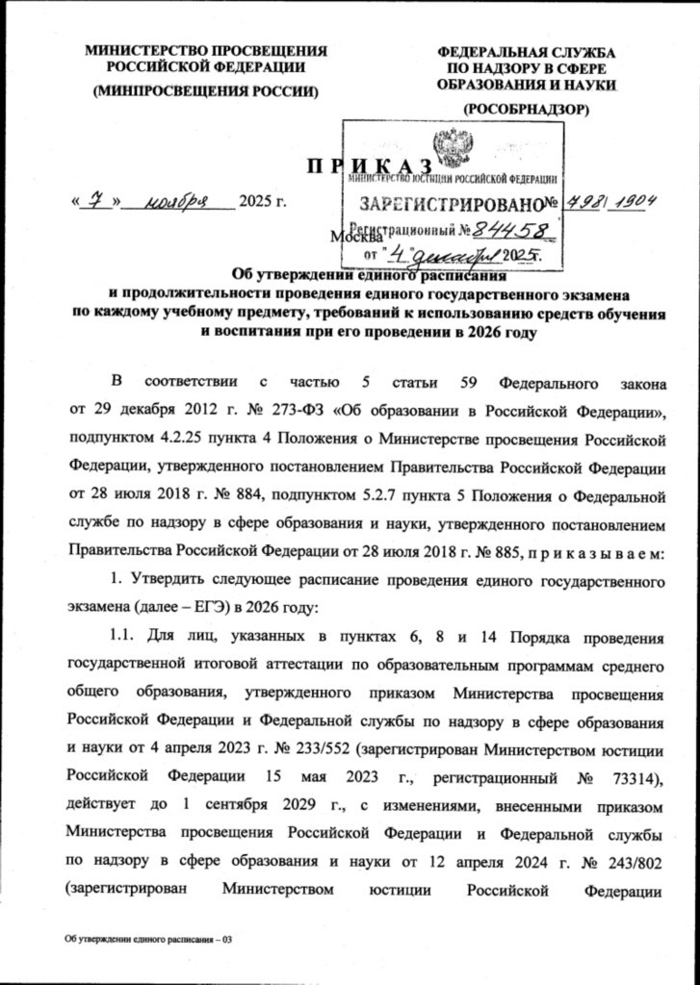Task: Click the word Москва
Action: pyautogui.click(x=351, y=237)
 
